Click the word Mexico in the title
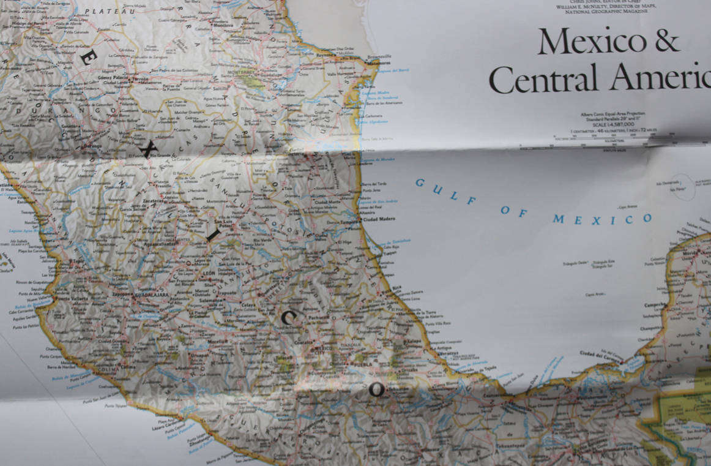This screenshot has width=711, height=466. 592,41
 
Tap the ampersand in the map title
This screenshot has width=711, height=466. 666,41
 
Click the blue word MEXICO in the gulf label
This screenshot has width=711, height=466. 602,219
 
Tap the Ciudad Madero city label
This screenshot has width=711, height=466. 379,219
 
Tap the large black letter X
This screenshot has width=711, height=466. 147,149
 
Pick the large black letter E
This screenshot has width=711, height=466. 87,57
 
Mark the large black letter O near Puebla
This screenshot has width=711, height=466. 377,389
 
